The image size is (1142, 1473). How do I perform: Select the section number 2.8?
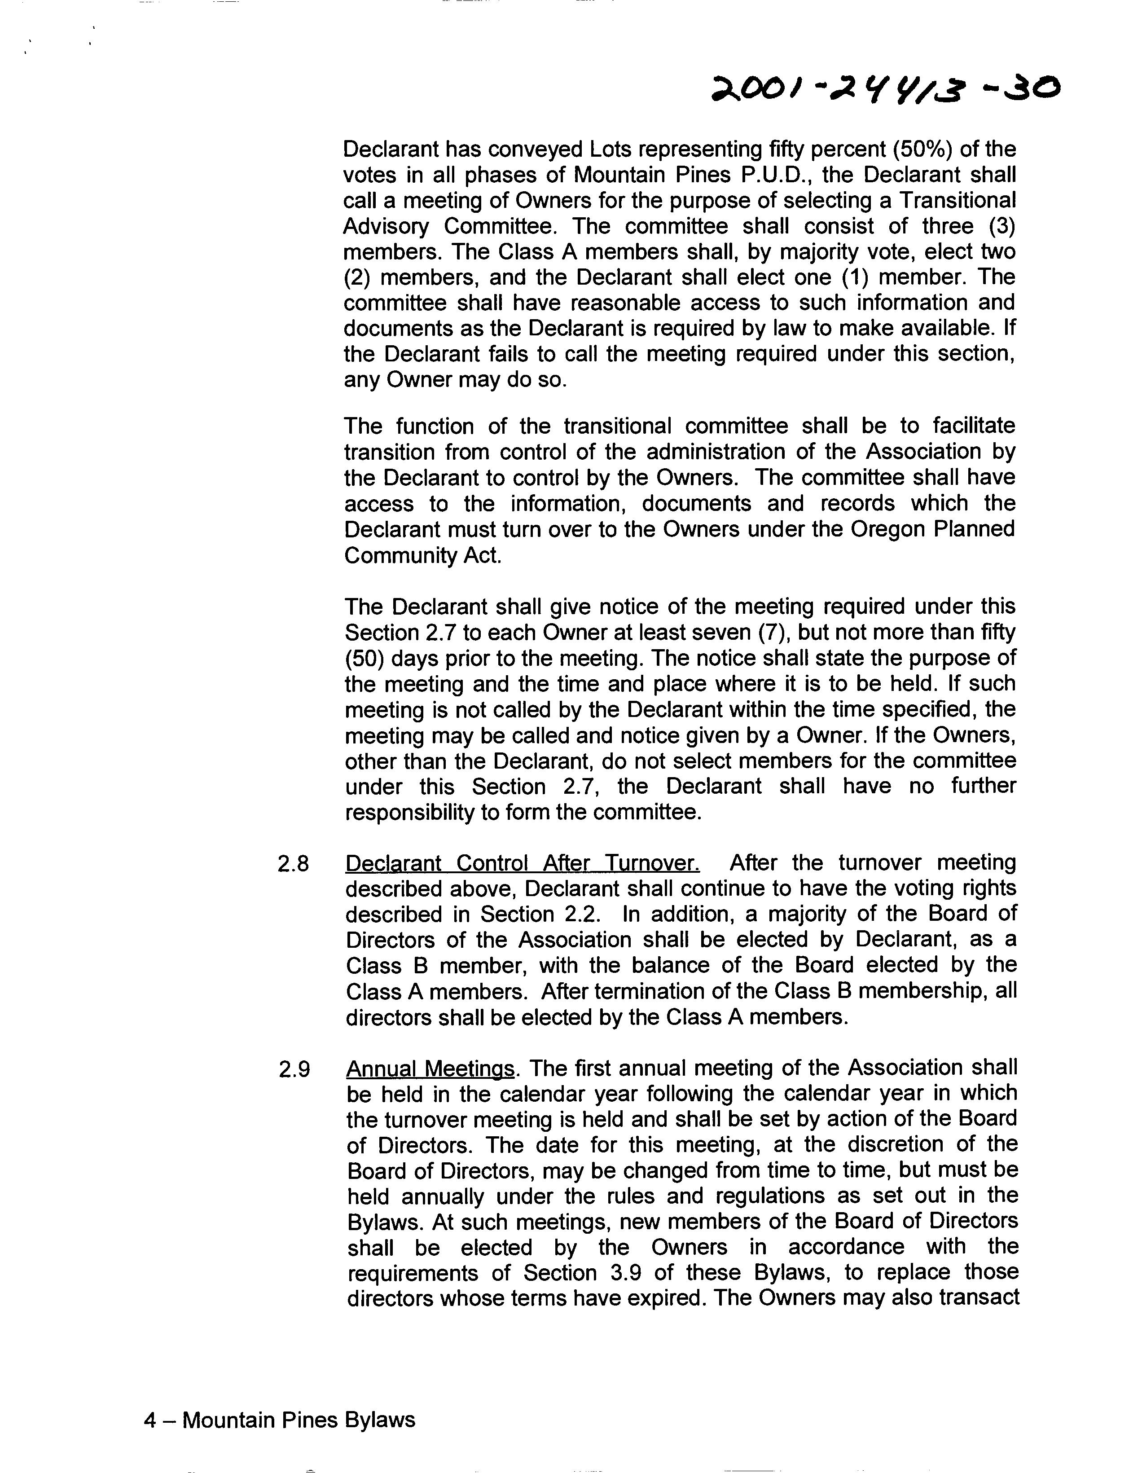[x=294, y=864]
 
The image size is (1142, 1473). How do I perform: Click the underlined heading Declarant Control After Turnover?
[x=522, y=863]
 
